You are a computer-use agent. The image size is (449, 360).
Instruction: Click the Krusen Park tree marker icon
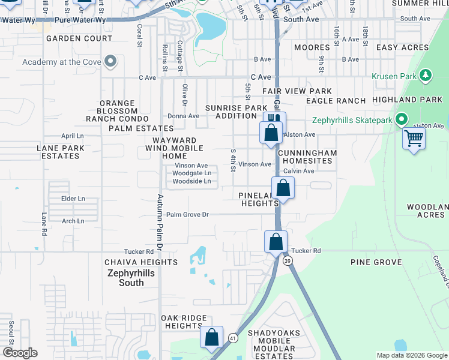click(x=426, y=76)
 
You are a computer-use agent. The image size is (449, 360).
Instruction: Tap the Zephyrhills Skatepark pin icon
click(x=402, y=120)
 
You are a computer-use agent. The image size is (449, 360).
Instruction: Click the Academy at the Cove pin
click(x=110, y=62)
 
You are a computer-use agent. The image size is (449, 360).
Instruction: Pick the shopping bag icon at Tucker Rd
click(x=276, y=242)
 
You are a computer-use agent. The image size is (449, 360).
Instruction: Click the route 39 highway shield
click(x=288, y=261)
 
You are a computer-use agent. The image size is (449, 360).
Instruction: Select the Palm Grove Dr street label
click(x=187, y=214)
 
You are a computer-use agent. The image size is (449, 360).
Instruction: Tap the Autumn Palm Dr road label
click(x=160, y=222)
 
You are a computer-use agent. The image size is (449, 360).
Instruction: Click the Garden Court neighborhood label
click(x=79, y=38)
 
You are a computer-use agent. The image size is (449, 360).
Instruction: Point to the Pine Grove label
click(x=376, y=262)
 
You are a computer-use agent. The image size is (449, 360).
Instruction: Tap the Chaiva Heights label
click(x=141, y=262)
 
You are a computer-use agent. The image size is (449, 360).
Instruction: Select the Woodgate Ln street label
click(x=191, y=173)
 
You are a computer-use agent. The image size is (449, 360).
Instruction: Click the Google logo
click(x=20, y=353)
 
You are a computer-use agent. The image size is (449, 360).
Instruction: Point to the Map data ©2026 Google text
click(x=411, y=355)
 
